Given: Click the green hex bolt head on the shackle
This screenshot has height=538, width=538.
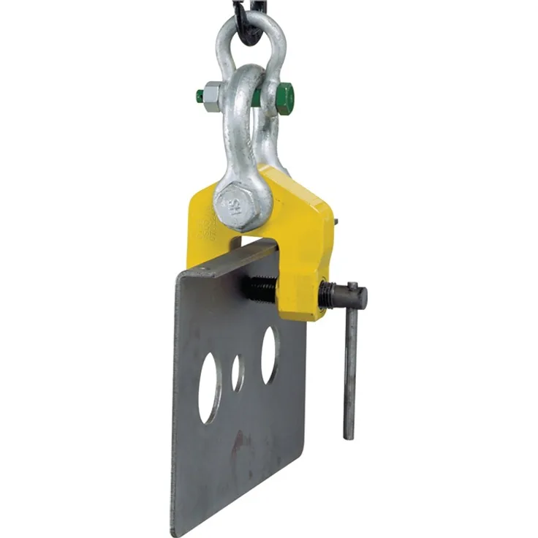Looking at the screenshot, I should click(x=284, y=98).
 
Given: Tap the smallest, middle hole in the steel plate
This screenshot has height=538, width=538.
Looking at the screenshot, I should click(x=238, y=372).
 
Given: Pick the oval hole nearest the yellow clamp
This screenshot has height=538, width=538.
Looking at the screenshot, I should click(x=269, y=355).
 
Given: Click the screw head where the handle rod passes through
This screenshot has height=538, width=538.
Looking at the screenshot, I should click(x=352, y=296).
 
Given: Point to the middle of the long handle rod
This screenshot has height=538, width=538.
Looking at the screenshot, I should click(x=351, y=365).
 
